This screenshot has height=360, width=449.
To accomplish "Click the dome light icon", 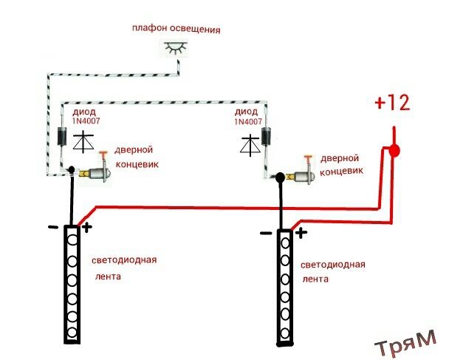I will (x=174, y=50).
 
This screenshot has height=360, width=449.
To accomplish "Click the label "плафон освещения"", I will (x=176, y=30).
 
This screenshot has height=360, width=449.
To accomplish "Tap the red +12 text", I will (x=391, y=103).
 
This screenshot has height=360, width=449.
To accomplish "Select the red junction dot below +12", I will (x=394, y=152).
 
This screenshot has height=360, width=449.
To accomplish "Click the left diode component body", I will (x=62, y=137).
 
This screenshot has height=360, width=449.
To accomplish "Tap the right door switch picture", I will (x=304, y=177).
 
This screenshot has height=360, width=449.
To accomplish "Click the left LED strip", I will (x=72, y=284).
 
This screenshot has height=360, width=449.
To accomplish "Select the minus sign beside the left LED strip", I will (x=53, y=228).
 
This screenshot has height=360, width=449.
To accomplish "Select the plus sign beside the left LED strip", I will (x=86, y=227).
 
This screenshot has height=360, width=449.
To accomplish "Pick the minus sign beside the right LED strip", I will (x=266, y=234).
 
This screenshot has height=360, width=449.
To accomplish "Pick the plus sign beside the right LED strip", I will (x=301, y=234).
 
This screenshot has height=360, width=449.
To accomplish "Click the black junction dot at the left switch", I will (x=72, y=171).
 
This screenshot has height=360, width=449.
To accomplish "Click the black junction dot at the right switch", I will (x=281, y=177).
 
